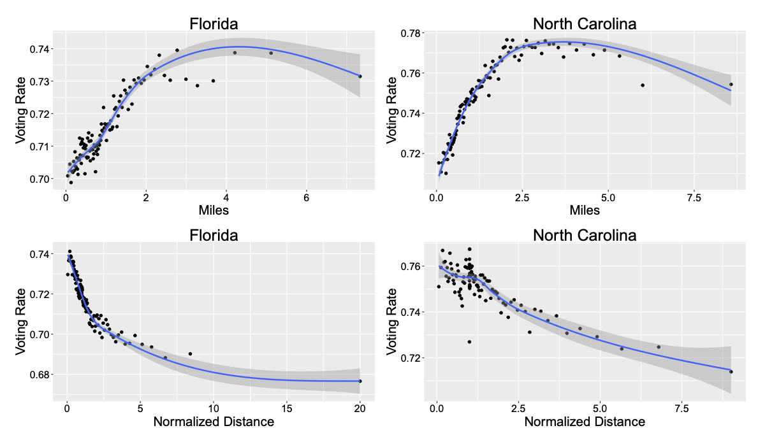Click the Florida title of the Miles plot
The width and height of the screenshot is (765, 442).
[214, 24]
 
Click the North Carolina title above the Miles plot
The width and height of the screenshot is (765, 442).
[585, 24]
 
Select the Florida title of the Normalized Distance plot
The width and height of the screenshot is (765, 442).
[214, 235]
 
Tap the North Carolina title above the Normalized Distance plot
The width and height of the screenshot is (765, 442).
[585, 235]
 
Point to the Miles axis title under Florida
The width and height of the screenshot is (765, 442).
[214, 210]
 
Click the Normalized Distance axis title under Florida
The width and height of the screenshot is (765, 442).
[214, 422]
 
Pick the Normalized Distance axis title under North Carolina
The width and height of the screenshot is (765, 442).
[585, 422]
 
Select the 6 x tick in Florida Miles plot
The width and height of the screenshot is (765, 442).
[307, 198]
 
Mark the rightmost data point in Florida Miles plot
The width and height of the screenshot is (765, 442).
[360, 76]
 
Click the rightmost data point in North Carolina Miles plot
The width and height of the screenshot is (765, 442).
[731, 84]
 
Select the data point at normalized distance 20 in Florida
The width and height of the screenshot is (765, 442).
[360, 381]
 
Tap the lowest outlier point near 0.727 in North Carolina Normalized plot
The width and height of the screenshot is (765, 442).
[469, 342]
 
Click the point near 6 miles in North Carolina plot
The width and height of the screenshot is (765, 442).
[643, 85]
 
